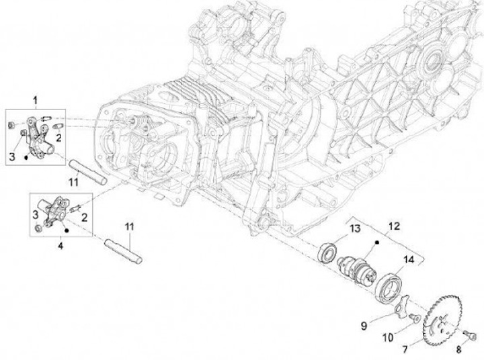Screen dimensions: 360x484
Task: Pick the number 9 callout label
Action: [364, 326]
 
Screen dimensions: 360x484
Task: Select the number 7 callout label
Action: [424, 349]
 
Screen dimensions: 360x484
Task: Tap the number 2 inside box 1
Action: [59, 138]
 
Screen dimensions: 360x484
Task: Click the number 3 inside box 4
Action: [36, 214]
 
